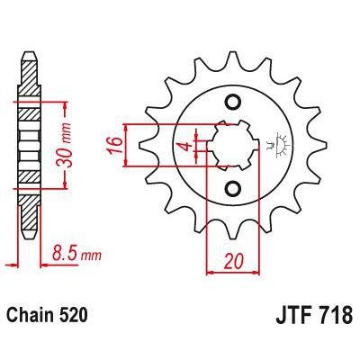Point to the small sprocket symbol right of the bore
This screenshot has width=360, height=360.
pos(271,144)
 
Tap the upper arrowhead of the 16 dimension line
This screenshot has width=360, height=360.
pos(133,125)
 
